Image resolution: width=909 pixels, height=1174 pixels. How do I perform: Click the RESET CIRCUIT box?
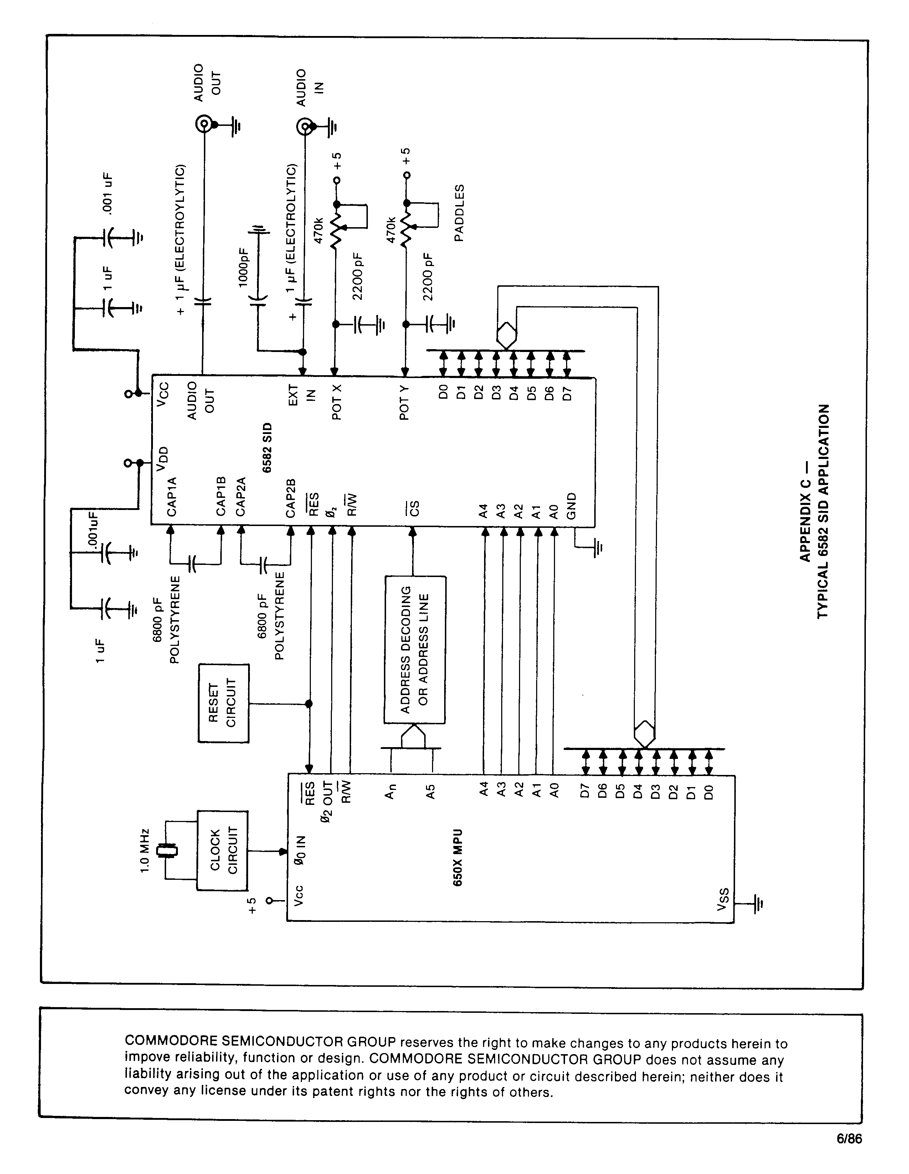224,704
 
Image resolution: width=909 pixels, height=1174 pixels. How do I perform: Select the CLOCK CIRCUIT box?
223,851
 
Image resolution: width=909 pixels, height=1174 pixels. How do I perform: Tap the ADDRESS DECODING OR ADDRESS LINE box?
415,649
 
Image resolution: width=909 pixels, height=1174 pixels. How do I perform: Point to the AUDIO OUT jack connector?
204,125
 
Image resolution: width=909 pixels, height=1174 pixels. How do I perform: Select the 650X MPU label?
458,857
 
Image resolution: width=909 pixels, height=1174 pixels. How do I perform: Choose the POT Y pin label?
405,403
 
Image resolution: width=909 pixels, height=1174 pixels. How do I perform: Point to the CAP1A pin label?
172,497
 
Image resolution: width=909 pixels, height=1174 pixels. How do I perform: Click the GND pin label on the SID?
572,506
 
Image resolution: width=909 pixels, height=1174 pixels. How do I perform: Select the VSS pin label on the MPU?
723,900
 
